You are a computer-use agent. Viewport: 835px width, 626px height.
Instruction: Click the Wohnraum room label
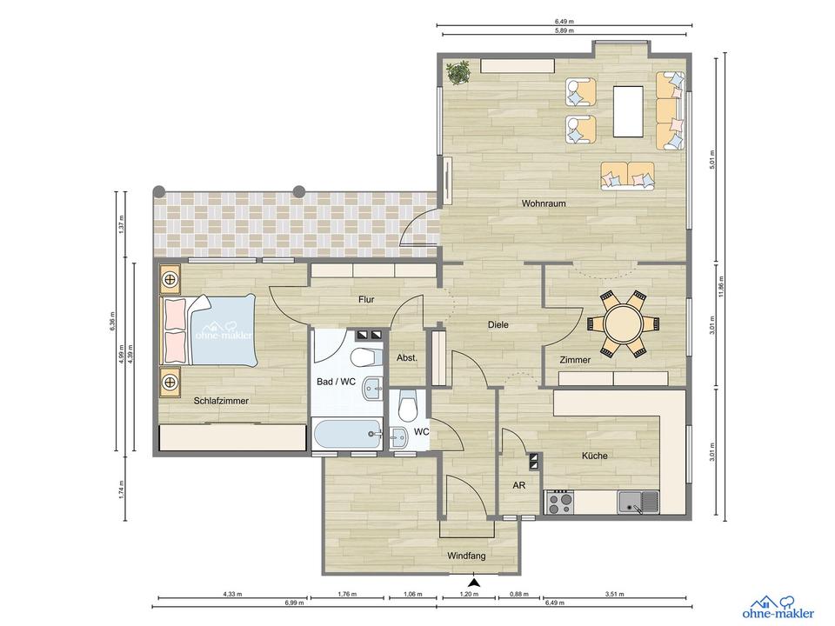coord(544,203)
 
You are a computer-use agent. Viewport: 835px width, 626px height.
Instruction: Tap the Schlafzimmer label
coord(222,401)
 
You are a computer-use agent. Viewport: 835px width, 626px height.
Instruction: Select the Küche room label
coord(595,456)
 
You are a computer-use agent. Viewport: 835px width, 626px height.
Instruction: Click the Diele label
coord(498,324)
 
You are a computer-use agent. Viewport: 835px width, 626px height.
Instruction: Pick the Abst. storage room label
coord(407,356)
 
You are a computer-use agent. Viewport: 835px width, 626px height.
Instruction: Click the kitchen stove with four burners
coord(558,502)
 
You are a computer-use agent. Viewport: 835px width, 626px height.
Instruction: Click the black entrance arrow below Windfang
coord(473,583)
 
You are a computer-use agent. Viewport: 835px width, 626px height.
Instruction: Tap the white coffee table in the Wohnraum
coord(632,111)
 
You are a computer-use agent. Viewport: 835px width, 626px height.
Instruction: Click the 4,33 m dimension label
coord(232,594)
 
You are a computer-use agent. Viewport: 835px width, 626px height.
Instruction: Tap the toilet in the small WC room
coord(407,406)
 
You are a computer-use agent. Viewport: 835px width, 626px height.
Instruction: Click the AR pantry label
coord(519,487)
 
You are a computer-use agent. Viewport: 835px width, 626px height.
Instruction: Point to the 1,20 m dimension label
coord(469,594)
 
